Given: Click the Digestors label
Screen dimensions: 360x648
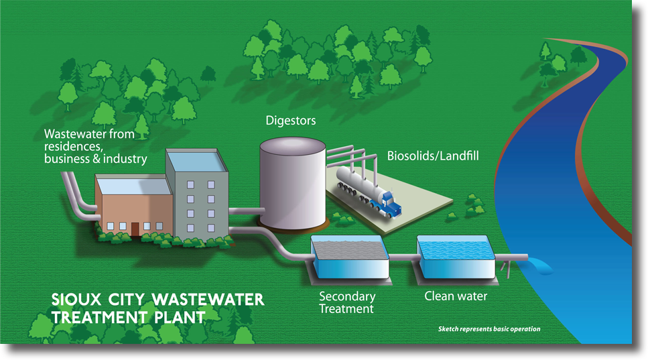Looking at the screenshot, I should (x=291, y=121).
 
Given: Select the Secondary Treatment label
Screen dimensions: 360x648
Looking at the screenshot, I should (x=346, y=302).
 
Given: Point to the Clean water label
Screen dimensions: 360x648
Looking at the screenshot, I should (x=456, y=296).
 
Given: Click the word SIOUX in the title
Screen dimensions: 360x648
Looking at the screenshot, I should (x=76, y=298).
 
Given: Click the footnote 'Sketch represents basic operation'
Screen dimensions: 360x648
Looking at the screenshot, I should (x=489, y=329).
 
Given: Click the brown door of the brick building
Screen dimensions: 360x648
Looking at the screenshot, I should (x=135, y=229).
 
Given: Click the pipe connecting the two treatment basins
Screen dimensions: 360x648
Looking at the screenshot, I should (x=403, y=257).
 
